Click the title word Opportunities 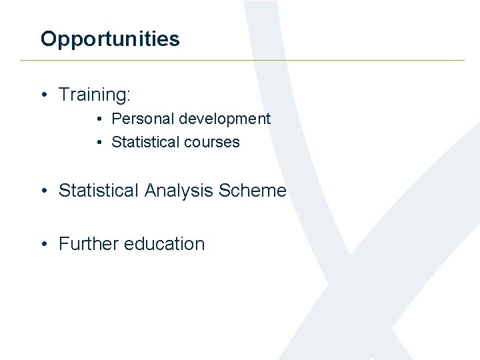[110, 39]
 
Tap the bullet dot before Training [43, 95]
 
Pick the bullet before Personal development [98, 119]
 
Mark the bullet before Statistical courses [98, 143]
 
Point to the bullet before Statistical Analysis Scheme [43, 191]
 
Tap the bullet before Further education [43, 245]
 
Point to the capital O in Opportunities [47, 39]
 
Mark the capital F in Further [63, 244]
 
